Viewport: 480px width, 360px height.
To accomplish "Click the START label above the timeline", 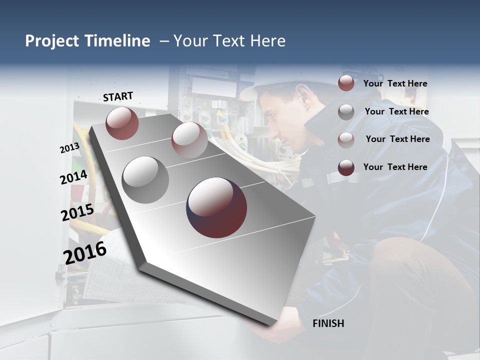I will pos(118,96).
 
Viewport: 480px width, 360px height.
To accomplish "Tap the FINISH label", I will pos(328,323).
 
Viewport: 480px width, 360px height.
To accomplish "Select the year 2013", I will pos(69,148).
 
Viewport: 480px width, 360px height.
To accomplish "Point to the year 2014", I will pos(73,177).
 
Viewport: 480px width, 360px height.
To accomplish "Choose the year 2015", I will pos(77,212).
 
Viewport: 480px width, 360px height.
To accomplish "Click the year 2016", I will pos(85,252).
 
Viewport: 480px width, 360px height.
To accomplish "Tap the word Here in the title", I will pos(267,41).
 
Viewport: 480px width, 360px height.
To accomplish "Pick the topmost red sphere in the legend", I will pos(346,83).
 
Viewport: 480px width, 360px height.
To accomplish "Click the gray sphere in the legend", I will pos(346,112).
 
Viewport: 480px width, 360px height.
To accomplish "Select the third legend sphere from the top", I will pos(346,139).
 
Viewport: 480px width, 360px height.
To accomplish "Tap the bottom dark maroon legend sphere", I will pos(346,167).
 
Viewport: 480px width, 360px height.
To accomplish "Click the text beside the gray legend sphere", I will pos(396,111).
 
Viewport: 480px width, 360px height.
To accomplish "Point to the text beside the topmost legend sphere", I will pos(395,83).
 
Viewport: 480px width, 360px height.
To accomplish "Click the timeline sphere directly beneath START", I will pos(122,123).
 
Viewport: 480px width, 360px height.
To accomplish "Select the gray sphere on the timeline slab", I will pos(145,179).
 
